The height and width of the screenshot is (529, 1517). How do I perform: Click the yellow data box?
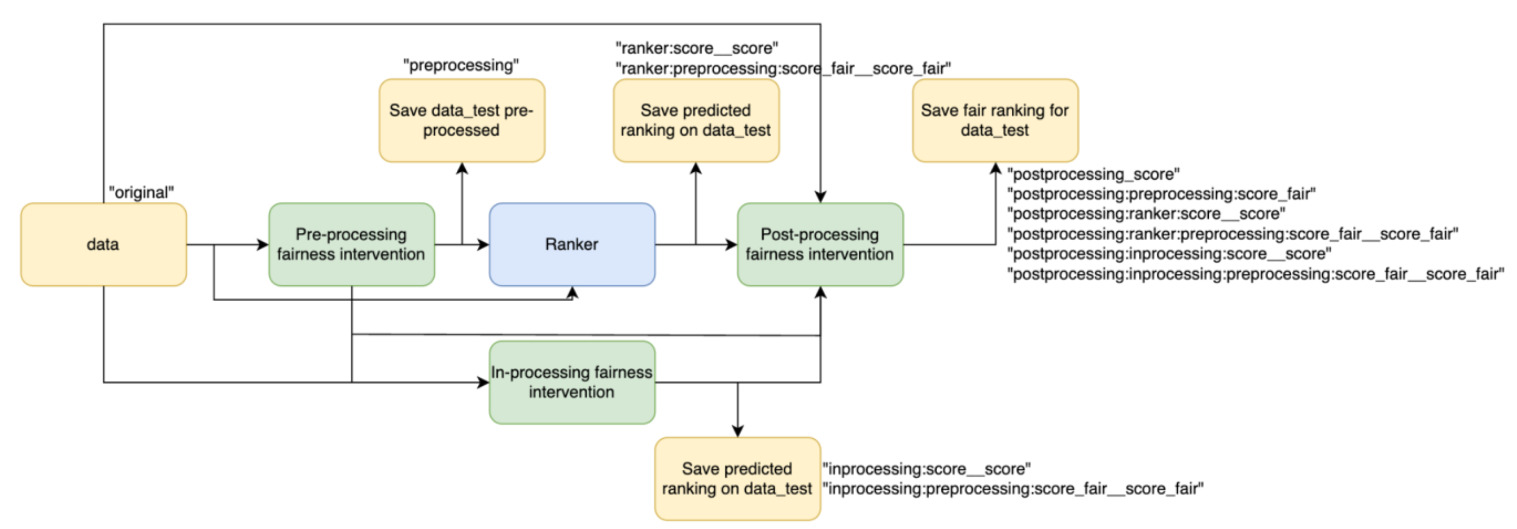tap(103, 244)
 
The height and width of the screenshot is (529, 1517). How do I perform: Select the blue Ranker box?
tap(572, 244)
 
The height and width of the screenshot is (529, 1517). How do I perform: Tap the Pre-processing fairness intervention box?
tap(351, 244)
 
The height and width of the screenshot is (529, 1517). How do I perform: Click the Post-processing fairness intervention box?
tap(820, 244)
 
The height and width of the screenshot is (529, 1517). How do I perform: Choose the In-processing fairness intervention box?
tap(572, 382)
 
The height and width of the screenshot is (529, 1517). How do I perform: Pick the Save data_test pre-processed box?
tap(462, 120)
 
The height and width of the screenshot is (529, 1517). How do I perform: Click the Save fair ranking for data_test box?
tap(995, 120)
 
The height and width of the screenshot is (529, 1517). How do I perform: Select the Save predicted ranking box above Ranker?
tap(696, 120)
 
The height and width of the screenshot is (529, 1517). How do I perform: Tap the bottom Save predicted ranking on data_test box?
tap(737, 478)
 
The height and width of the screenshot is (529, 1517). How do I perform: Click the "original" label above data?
tap(141, 193)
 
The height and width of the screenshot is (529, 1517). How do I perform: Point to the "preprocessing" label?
tap(461, 65)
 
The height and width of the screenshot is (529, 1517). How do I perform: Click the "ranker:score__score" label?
tap(696, 48)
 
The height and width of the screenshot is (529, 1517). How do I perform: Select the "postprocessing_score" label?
tap(1093, 174)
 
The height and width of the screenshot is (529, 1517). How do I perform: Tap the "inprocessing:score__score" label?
tap(926, 469)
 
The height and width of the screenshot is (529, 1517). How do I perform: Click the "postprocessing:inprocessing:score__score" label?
tap(1169, 254)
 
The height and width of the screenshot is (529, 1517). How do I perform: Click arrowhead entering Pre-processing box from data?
tap(263, 244)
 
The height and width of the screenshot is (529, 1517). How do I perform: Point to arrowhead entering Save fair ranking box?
tap(995, 168)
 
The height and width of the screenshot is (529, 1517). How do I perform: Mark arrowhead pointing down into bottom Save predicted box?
tap(738, 431)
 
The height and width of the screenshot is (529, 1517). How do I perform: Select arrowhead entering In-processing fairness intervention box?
tap(483, 382)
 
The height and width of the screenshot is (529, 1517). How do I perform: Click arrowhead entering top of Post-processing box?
tap(820, 196)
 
